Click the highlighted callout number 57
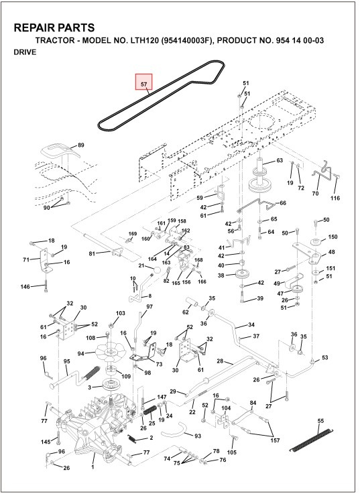click(144, 84)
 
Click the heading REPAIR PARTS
click(54, 27)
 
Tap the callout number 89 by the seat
click(81, 145)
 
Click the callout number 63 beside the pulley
click(280, 161)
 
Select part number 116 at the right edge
click(335, 198)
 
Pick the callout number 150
click(333, 238)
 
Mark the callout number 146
click(25, 287)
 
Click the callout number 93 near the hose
click(197, 436)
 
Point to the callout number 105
click(232, 452)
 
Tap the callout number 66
click(282, 203)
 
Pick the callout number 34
click(251, 325)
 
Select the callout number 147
click(162, 397)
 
